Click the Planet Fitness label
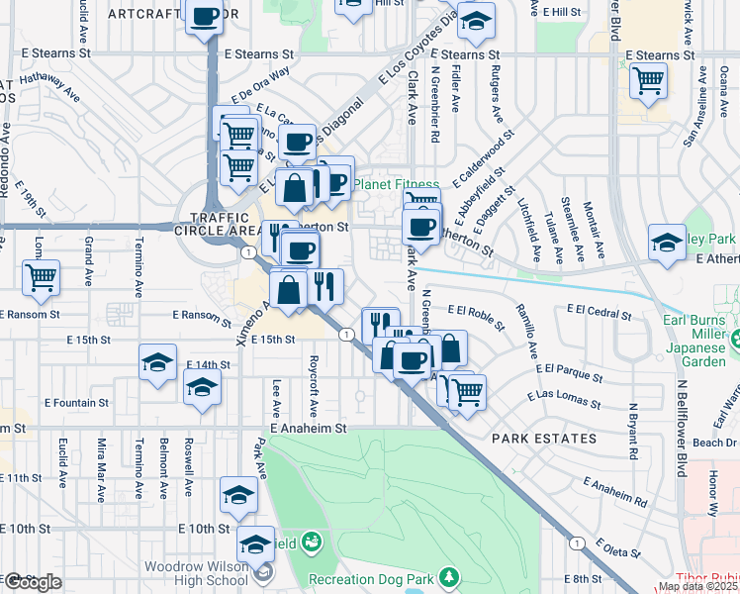[397, 184]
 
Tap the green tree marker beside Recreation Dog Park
[449, 576]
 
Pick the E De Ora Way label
[262, 79]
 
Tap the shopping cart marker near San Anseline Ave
[648, 80]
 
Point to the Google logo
[33, 582]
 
